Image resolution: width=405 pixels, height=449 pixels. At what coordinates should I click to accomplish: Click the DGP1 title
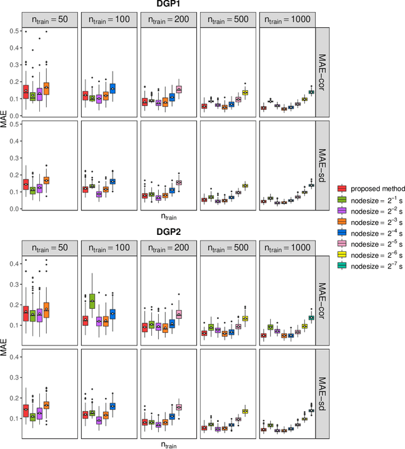(168, 5)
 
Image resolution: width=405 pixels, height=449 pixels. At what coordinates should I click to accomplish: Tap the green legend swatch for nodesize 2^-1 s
(342, 200)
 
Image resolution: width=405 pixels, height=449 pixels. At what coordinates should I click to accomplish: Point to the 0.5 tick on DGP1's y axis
(11, 30)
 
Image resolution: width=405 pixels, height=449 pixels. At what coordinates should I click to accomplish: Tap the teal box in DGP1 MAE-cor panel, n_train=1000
(311, 92)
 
